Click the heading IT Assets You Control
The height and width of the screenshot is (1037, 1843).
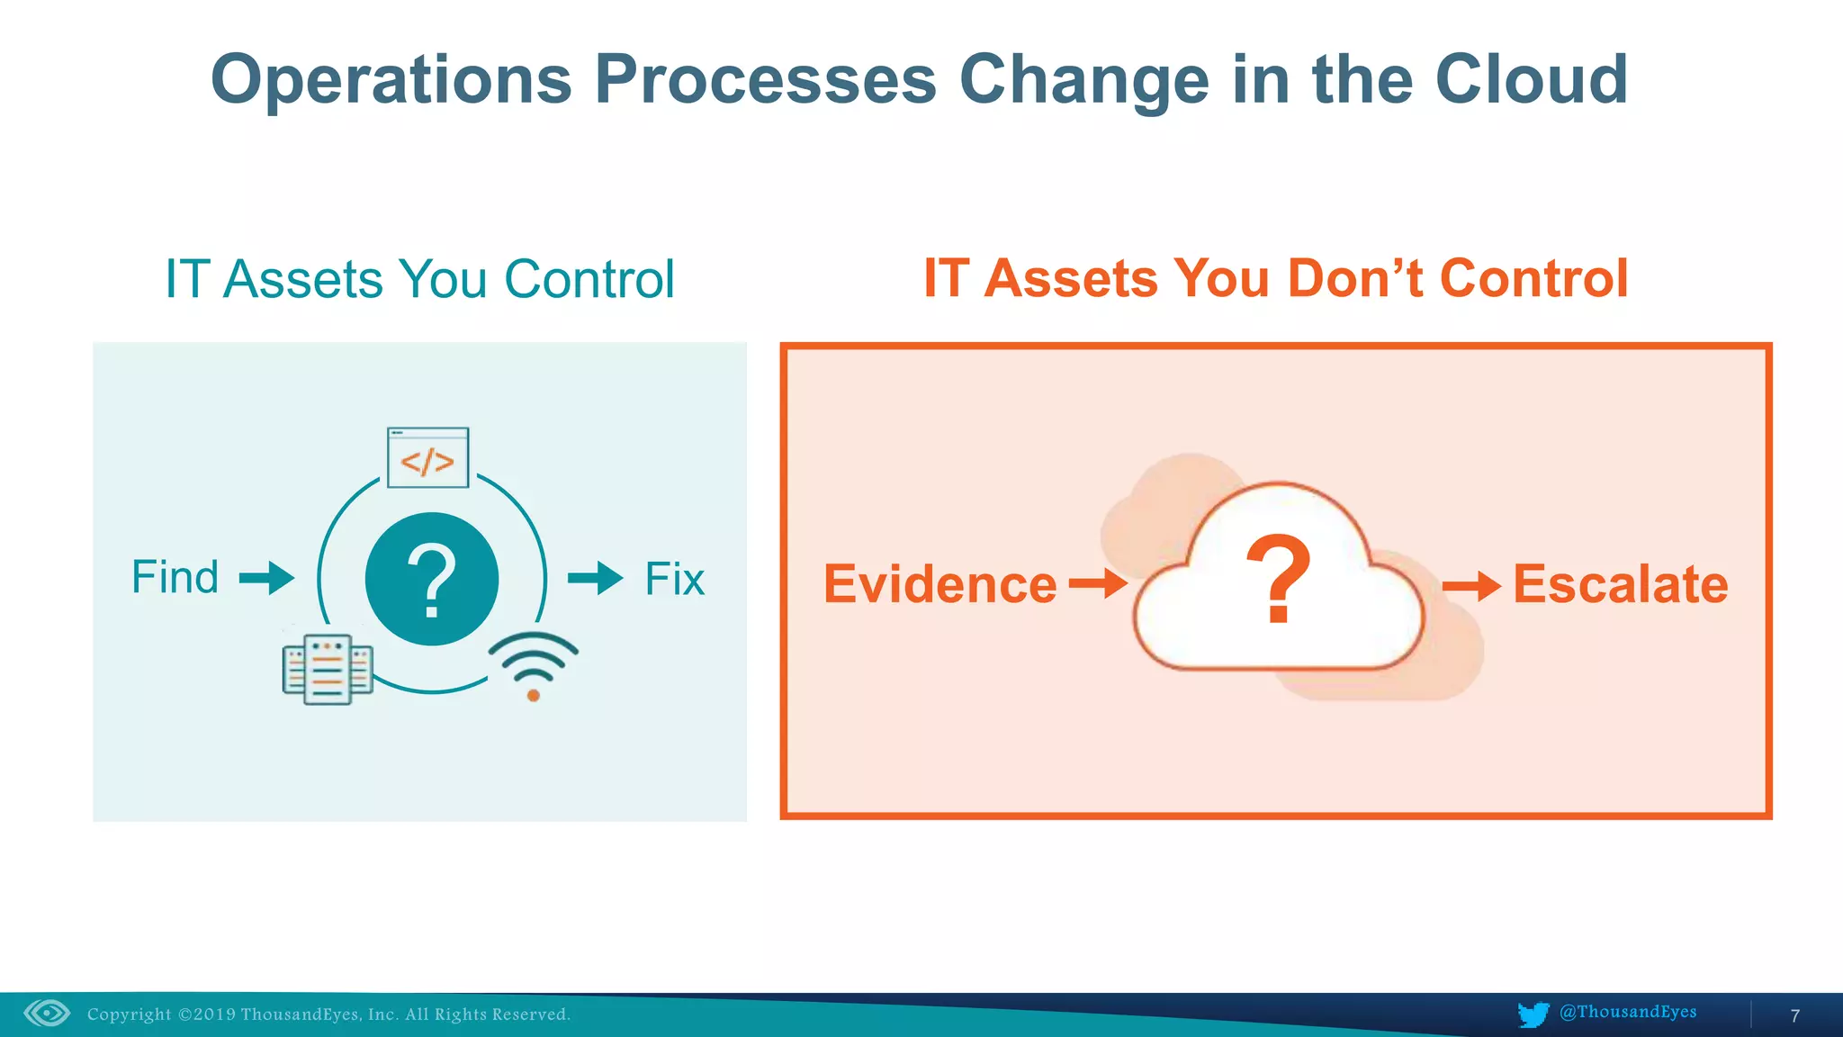coord(419,279)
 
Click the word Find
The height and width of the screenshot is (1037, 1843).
coord(175,577)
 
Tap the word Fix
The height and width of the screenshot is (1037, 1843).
coord(674,579)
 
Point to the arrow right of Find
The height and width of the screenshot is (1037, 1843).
coord(267,577)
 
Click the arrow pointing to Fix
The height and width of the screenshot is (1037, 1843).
coord(595,578)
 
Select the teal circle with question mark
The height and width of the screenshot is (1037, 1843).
coord(432,579)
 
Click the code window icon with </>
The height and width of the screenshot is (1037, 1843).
coord(427,458)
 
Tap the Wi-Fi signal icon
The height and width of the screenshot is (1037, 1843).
coord(533,666)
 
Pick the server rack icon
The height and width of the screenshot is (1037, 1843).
coord(328,670)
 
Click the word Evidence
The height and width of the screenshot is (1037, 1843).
coord(939,584)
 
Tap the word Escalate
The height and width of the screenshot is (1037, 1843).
coord(1620,584)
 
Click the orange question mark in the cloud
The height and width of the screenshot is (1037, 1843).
coord(1278,579)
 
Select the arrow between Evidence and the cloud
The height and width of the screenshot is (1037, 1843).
coord(1098,583)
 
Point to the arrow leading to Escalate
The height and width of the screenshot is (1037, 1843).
coord(1471,587)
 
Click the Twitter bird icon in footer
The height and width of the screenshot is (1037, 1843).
coord(1533,1014)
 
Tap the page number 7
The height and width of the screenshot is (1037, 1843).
coord(1794,1015)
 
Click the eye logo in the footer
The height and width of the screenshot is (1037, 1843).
coord(47,1014)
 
